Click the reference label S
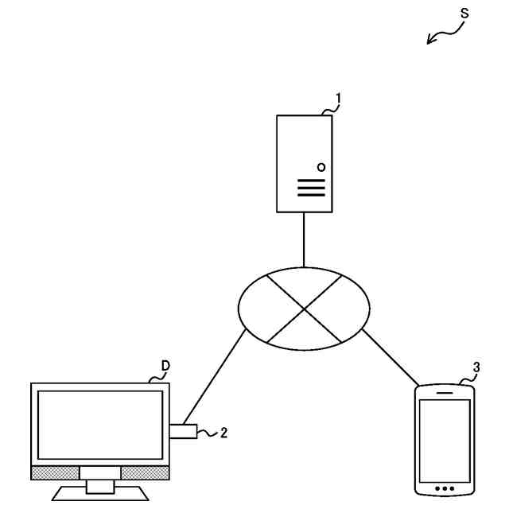tap(464, 14)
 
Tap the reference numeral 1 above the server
tap(338, 99)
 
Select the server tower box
tap(305, 163)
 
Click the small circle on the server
tap(321, 167)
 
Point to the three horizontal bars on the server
tap(312, 187)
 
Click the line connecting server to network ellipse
tap(305, 239)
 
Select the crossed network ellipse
tap(305, 306)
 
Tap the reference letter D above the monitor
tap(165, 366)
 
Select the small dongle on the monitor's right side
tap(183, 432)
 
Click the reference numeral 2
tap(223, 433)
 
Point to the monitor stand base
tap(100, 493)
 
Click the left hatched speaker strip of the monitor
tap(55, 472)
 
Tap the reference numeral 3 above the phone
tap(476, 367)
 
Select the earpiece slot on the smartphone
tap(445, 391)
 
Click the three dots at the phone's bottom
tap(445, 488)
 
